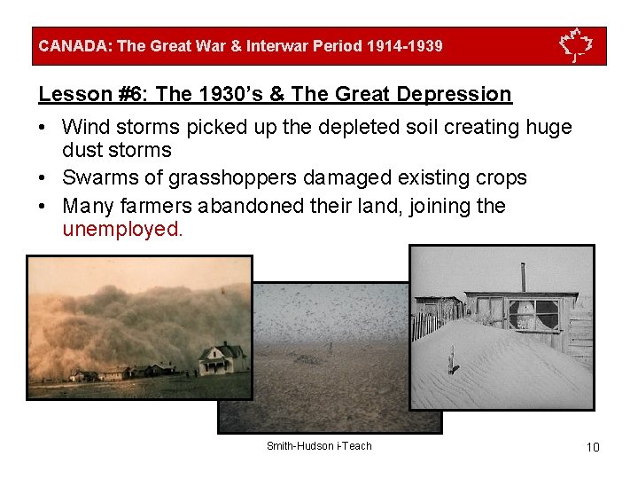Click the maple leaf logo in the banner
(x=576, y=45)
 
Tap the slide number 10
(x=593, y=447)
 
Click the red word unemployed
(x=122, y=229)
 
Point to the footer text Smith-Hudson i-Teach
(x=319, y=446)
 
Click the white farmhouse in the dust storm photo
(x=222, y=359)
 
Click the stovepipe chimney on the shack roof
(x=523, y=276)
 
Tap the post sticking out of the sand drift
(x=453, y=359)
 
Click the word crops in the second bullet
(x=502, y=178)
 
